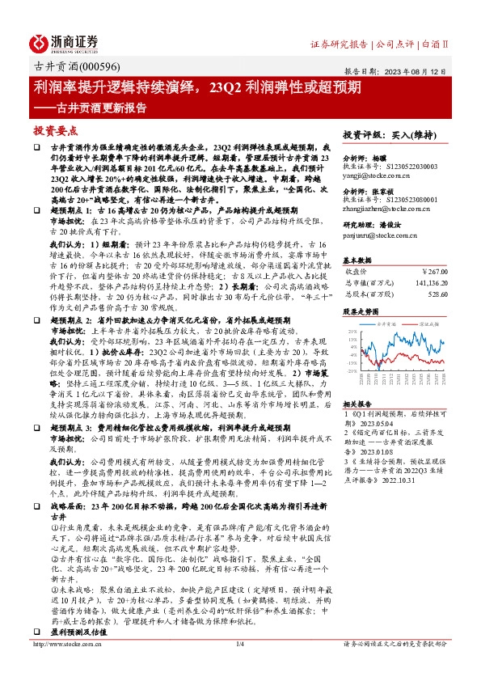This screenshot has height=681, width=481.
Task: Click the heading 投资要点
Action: [x=54, y=129]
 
